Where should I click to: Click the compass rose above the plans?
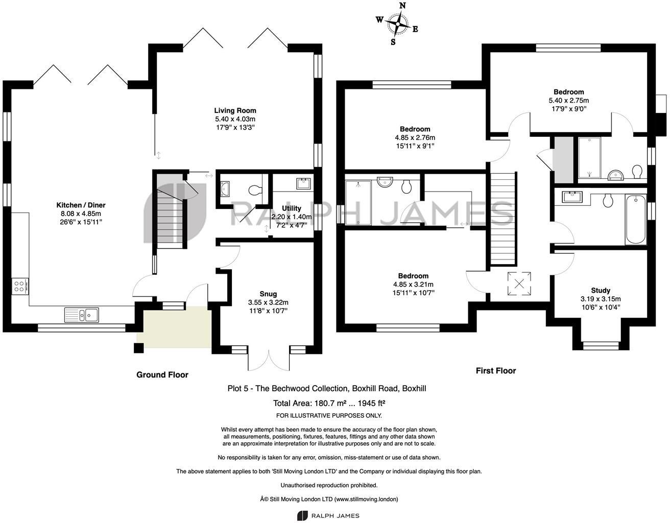[397, 23]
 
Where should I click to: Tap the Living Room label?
[235, 110]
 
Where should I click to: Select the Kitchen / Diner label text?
[81, 205]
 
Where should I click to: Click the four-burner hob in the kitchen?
[20, 286]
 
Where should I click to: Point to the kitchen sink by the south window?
[82, 315]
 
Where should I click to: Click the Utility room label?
[292, 208]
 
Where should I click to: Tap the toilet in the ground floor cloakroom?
[254, 191]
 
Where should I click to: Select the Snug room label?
[268, 294]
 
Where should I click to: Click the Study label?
[601, 290]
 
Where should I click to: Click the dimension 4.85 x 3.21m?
[414, 284]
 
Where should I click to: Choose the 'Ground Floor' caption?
[162, 375]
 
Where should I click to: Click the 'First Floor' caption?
[495, 371]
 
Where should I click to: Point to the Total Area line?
[329, 402]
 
